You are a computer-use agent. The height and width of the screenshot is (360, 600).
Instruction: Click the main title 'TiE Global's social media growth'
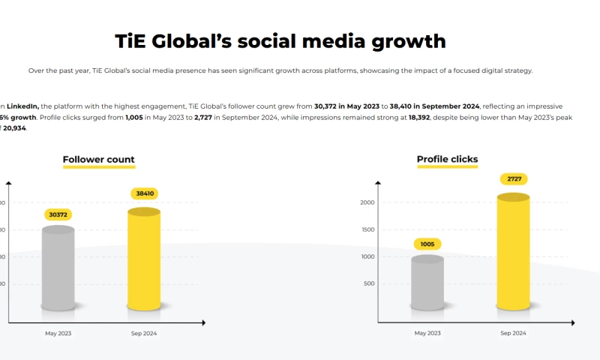pyautogui.click(x=280, y=40)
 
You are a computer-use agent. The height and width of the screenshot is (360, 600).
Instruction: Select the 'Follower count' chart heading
pyautogui.click(x=98, y=160)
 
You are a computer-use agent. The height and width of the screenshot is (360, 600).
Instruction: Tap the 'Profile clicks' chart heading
pyautogui.click(x=447, y=159)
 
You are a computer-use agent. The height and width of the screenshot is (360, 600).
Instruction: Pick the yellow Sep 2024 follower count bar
pyautogui.click(x=143, y=259)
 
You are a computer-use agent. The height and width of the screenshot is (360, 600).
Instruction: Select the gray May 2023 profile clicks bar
pyautogui.click(x=427, y=283)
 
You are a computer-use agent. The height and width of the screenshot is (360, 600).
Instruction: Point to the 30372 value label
pyautogui.click(x=58, y=215)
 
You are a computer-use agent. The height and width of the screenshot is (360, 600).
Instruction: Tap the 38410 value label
pyautogui.click(x=143, y=193)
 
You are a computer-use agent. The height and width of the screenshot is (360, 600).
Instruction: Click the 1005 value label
pyautogui.click(x=427, y=244)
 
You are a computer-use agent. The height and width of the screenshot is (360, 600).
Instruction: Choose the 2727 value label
pyautogui.click(x=514, y=178)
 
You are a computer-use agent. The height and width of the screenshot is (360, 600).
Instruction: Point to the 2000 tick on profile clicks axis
pyautogui.click(x=367, y=202)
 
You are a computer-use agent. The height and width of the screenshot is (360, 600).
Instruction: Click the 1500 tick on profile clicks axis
pyautogui.click(x=367, y=229)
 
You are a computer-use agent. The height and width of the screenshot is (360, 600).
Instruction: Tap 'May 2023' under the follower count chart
pyautogui.click(x=58, y=333)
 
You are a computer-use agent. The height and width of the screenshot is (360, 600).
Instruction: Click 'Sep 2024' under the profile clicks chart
pyautogui.click(x=514, y=333)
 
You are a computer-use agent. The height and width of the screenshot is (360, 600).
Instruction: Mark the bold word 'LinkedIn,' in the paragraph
pyautogui.click(x=23, y=107)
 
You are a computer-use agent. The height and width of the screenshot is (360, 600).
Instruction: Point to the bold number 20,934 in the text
pyautogui.click(x=14, y=128)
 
